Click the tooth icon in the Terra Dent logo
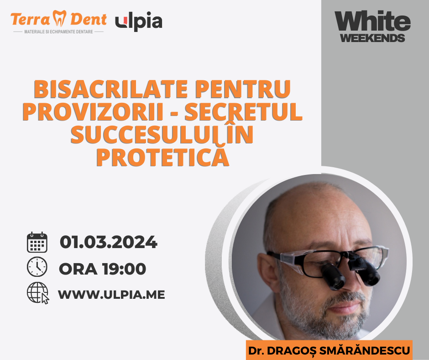pos(60,18)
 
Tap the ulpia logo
pos(139,21)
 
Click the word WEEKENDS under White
pos(373,38)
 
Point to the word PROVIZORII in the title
pos(93,111)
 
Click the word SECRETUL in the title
pos(244,111)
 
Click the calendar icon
pos(37,242)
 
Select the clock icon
pos(37,267)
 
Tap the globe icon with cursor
pos(38,293)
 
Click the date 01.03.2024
pos(108,242)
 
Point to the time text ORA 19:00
pos(103,269)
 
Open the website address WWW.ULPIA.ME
pos(111,295)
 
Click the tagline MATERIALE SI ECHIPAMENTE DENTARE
pos(58,32)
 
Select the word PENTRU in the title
pos(243,89)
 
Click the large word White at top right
pos(373,21)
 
